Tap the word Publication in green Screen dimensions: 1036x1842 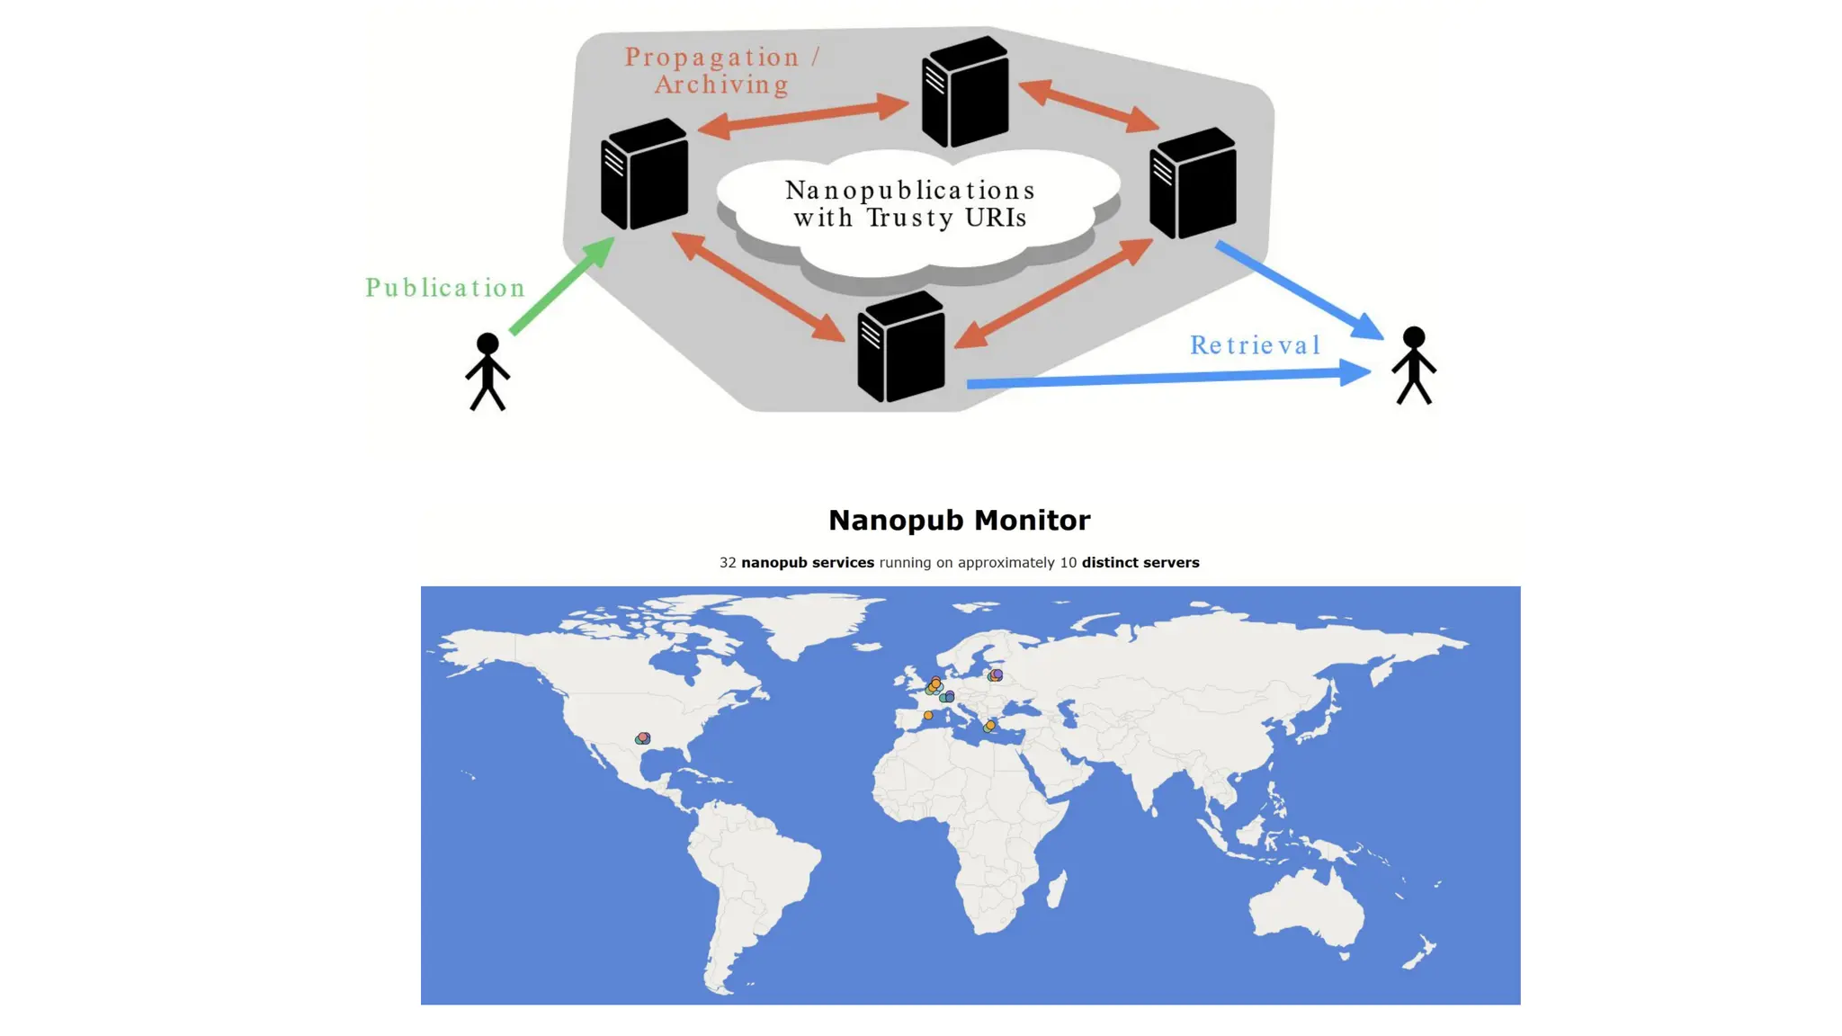445,288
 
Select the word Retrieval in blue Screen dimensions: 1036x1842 1255,345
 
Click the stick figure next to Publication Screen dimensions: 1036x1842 487,371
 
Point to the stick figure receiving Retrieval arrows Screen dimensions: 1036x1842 1413,365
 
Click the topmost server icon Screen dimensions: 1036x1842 964,91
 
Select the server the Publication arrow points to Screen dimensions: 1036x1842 644,174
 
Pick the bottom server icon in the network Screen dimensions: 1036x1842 900,347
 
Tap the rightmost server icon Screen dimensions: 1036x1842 1193,183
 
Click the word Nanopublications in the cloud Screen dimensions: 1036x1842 910,191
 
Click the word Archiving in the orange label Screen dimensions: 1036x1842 721,85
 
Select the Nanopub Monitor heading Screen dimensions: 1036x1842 959,521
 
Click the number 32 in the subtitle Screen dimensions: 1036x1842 728,563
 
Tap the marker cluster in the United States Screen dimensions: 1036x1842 642,738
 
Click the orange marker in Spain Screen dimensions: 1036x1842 928,716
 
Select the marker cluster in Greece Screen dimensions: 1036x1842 989,726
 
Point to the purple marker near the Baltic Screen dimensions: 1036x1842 997,674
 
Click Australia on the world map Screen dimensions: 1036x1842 1304,908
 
